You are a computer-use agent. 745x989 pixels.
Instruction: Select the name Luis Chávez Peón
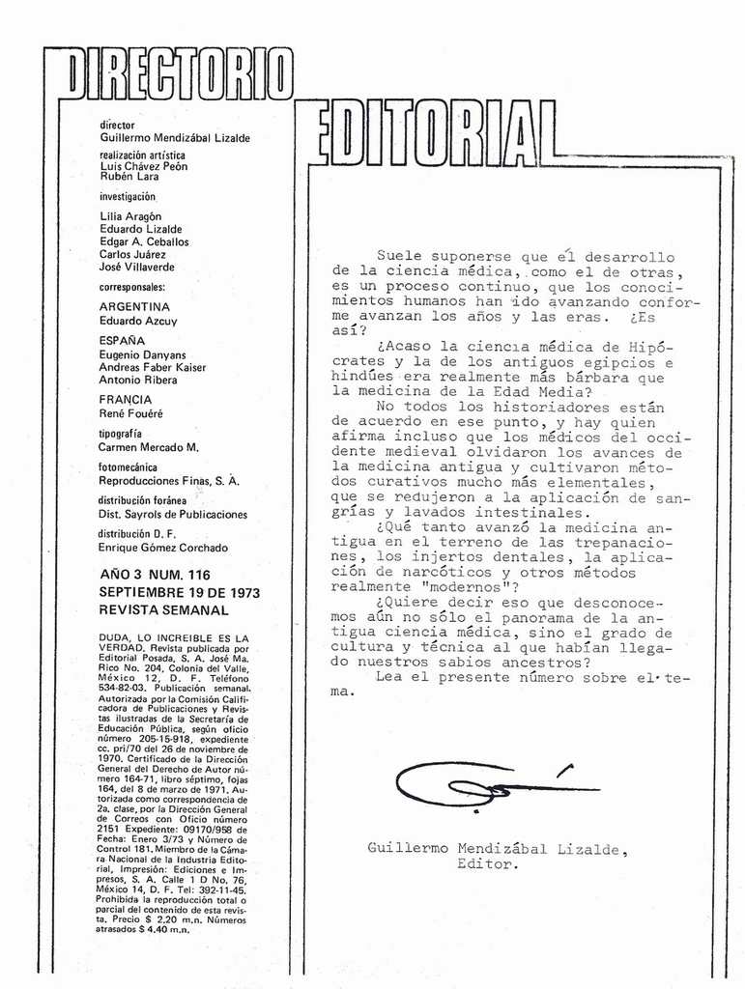pos(144,166)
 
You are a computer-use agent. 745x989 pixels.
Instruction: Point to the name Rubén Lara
pos(129,178)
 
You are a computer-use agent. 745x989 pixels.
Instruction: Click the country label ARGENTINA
pos(134,307)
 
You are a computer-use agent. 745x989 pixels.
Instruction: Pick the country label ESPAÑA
pos(122,341)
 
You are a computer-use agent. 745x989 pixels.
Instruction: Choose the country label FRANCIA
pos(126,400)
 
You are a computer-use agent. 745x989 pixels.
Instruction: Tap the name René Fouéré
pos(131,413)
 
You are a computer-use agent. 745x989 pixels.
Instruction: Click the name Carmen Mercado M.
pos(149,447)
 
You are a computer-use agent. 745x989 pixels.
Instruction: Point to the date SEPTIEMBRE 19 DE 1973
pos(179,592)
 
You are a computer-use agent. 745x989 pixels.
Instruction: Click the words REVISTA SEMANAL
pos(163,610)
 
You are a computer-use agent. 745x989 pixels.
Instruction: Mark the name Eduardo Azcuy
pos(138,321)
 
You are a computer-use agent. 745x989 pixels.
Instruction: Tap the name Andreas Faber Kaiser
pos(153,367)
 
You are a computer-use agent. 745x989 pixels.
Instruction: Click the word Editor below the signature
pos(488,864)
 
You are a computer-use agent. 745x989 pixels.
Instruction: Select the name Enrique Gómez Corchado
pos(163,548)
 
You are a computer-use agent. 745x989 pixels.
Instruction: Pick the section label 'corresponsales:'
pos(132,287)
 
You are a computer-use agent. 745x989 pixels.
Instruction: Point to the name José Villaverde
pos(137,268)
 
